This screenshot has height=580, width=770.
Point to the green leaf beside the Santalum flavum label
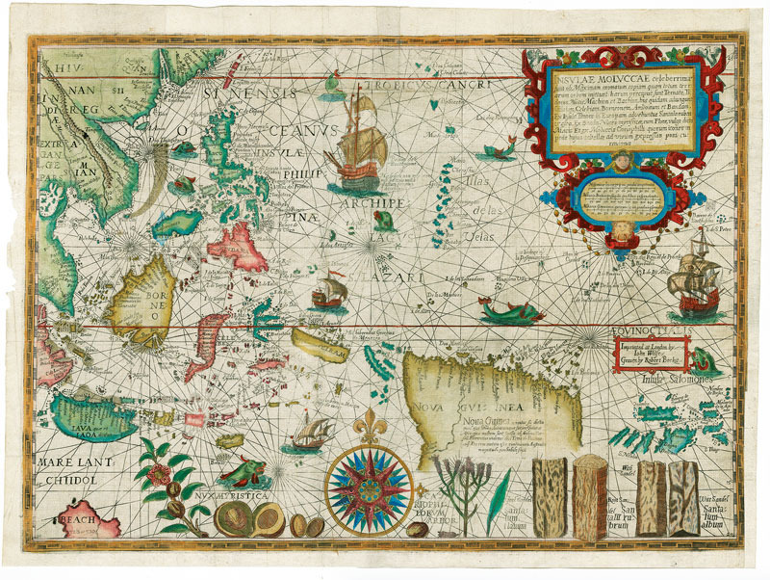(495, 491)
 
